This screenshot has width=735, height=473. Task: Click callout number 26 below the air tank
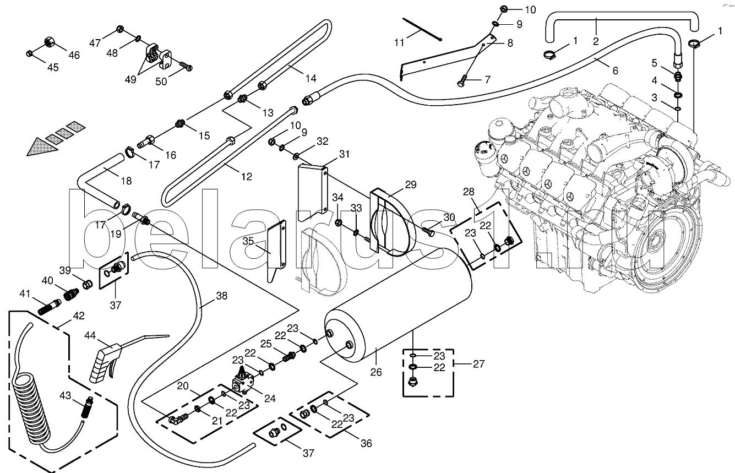click(376, 372)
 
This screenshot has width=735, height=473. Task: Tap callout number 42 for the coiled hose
click(79, 316)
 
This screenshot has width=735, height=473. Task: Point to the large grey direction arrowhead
click(42, 147)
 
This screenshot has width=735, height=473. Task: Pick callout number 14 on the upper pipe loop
click(311, 78)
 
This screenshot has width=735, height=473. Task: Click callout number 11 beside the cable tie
click(399, 42)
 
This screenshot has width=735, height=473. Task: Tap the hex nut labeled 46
click(50, 42)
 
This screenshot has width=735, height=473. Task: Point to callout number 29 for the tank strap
click(411, 185)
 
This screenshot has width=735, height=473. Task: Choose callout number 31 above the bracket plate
click(344, 154)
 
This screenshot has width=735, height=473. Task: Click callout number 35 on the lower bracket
click(248, 241)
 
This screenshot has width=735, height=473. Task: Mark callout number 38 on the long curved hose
click(222, 296)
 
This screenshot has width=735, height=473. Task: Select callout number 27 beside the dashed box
click(479, 364)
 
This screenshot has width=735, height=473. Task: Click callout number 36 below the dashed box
click(366, 443)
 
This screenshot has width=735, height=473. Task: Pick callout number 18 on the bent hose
click(126, 181)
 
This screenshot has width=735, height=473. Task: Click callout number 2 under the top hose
click(596, 41)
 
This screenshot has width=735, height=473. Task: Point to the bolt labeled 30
click(428, 231)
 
